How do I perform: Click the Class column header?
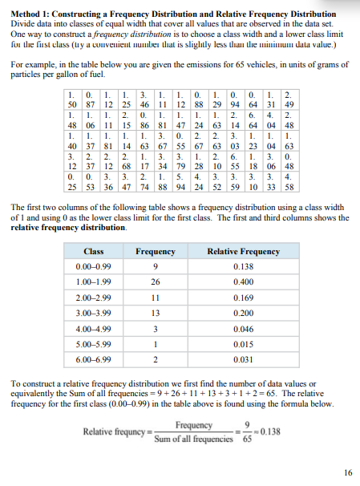click(93, 251)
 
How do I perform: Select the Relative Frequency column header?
click(243, 251)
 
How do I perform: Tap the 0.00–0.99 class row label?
click(93, 266)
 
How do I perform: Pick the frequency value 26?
click(155, 281)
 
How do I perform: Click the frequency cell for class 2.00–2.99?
click(155, 297)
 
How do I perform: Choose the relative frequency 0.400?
click(243, 281)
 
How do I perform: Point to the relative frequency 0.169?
click(243, 297)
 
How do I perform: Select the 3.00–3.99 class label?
click(93, 312)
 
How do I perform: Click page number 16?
click(346, 472)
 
